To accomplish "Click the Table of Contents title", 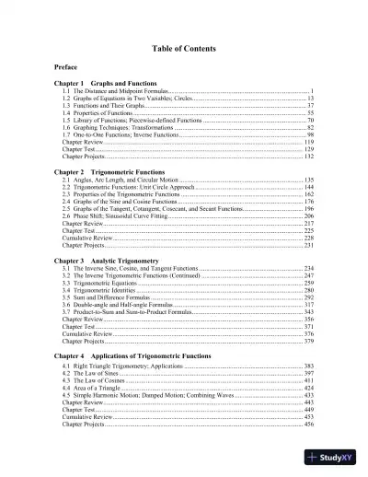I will (x=184, y=48).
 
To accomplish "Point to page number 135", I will (x=309, y=180).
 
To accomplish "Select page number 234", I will (x=309, y=268).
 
